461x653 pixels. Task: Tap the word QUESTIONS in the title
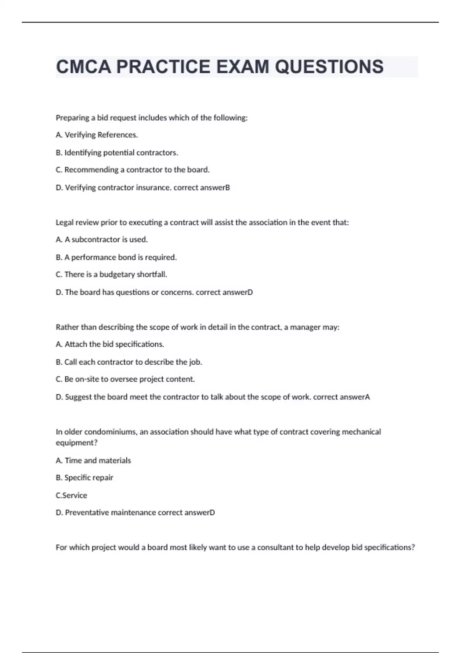pos(329,67)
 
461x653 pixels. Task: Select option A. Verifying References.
pos(97,135)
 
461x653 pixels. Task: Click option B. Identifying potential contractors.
pos(117,152)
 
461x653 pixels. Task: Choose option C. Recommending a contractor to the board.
pos(133,170)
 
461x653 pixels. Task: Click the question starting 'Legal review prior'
pos(202,222)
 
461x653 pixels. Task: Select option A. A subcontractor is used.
pos(102,240)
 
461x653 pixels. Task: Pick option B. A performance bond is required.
pos(116,257)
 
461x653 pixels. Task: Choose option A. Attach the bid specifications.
pos(110,344)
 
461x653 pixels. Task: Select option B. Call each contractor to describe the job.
pos(129,362)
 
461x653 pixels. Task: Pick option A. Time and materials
pos(93,461)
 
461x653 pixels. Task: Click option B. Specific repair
pos(85,478)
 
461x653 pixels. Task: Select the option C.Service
pos(71,496)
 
